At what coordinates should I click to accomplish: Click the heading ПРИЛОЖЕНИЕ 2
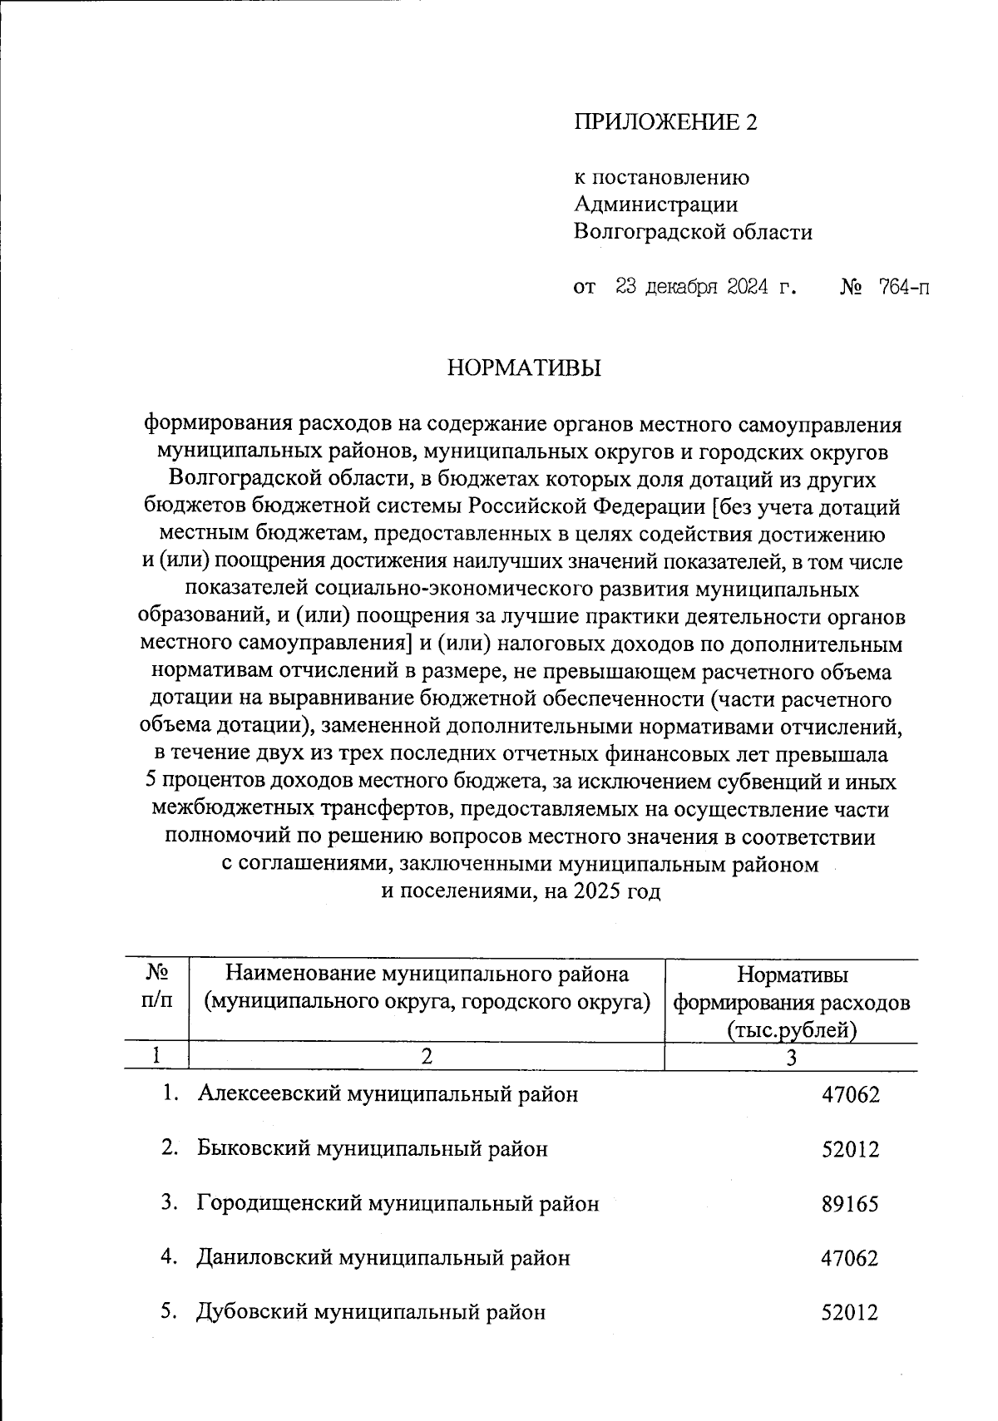[665, 123]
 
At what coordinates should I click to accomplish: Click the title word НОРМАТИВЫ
[524, 368]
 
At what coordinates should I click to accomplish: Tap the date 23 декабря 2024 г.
[705, 288]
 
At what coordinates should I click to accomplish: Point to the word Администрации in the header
[655, 205]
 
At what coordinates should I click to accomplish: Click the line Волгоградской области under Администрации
[693, 232]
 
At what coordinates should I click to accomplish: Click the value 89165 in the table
[849, 1204]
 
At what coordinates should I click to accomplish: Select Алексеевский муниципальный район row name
[388, 1094]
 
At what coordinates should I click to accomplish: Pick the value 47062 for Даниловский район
[849, 1258]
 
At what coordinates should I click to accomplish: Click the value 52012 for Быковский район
[849, 1150]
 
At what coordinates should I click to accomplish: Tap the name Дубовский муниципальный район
[371, 1312]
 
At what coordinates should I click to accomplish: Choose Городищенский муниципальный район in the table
[398, 1203]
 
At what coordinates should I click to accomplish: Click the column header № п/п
[157, 987]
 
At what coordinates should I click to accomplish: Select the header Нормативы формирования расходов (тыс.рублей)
[791, 1002]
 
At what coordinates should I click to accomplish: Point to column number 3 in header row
[791, 1058]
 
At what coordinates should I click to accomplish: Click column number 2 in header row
[427, 1057]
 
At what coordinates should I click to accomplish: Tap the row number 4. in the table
[170, 1257]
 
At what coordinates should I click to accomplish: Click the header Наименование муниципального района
[427, 974]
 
